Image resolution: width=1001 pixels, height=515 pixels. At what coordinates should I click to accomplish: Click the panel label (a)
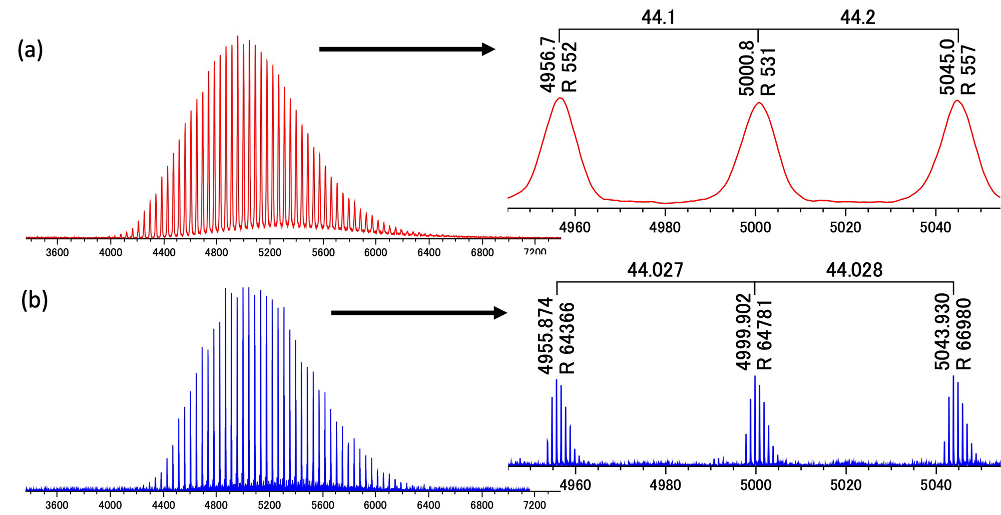pos(31,51)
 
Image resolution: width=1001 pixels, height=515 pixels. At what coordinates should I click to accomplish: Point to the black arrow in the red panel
pos(406,49)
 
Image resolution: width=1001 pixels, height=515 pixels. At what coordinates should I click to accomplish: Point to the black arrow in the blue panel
pos(418,313)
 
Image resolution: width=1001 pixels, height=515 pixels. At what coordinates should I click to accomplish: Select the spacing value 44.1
pos(658,18)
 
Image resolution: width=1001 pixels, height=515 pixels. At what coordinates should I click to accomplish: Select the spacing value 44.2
pos(857,18)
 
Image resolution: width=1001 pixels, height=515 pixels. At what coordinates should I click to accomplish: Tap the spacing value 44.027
pos(655,270)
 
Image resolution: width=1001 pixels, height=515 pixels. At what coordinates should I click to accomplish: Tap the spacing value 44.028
pos(854,270)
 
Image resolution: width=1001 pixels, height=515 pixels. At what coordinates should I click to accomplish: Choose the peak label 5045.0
pos(947,69)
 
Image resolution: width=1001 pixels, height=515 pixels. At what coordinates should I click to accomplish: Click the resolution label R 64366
pos(567,338)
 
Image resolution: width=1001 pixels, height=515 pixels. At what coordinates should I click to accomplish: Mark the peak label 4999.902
pos(744,331)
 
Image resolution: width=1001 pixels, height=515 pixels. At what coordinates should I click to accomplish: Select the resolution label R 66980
pos(963,334)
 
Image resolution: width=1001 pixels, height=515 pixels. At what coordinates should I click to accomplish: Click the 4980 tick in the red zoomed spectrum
pos(665,228)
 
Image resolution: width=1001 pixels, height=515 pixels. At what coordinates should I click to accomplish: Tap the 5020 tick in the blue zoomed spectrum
pos(845,485)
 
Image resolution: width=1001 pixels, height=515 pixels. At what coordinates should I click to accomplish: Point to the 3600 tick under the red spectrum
pos(57,253)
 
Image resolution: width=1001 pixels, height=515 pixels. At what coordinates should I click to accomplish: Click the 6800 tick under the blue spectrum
pos(482,505)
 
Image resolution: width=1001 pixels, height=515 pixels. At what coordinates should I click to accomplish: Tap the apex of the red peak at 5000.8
pos(759,103)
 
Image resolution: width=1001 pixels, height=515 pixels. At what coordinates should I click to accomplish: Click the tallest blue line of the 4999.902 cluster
pos(755,376)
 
